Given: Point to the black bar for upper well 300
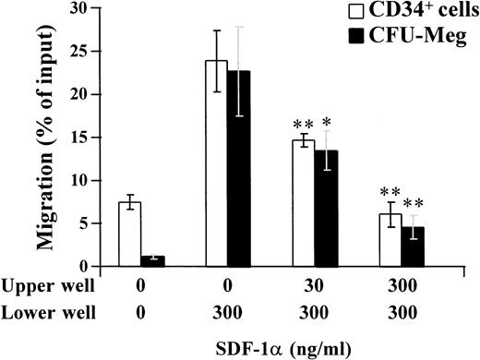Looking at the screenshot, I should [x=414, y=246].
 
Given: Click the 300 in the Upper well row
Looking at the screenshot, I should [x=402, y=287].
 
